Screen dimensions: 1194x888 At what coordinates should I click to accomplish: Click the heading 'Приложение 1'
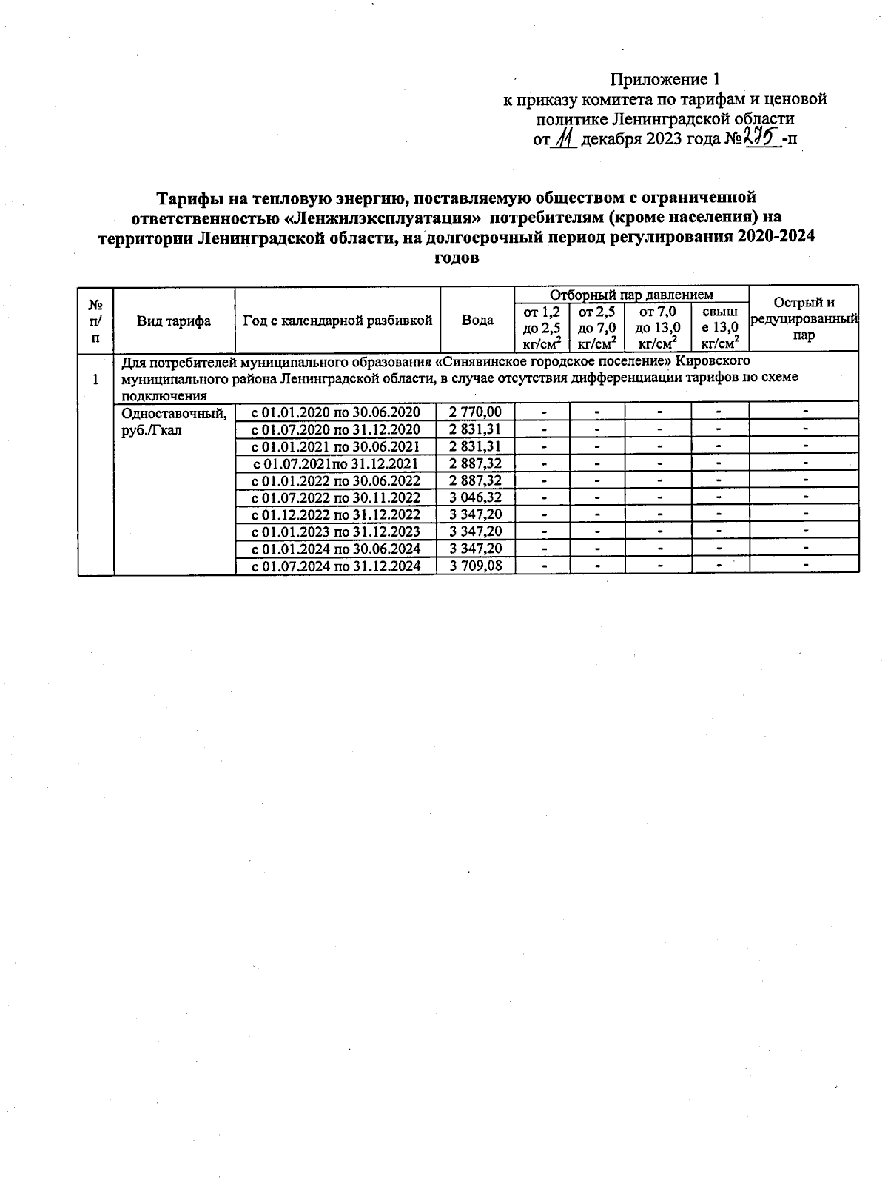click(x=664, y=79)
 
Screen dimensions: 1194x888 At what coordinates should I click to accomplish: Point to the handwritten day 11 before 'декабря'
click(x=565, y=138)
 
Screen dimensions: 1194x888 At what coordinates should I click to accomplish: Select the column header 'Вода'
click(x=477, y=321)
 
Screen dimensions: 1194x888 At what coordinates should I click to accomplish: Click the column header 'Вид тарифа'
click(x=174, y=321)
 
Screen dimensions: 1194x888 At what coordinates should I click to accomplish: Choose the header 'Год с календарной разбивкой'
click(x=337, y=321)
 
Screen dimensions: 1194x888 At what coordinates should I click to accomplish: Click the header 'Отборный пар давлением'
click(x=631, y=295)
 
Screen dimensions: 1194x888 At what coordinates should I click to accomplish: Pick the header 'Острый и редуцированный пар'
click(x=804, y=319)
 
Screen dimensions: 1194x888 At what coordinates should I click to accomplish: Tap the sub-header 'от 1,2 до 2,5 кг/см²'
click(x=542, y=327)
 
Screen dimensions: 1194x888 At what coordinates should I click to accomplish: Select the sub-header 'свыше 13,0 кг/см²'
click(x=720, y=327)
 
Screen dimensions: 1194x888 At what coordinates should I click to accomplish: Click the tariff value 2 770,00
click(x=475, y=412)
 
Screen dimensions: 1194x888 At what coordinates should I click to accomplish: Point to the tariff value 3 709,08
click(x=475, y=566)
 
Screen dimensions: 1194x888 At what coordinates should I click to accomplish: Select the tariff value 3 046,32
click(x=475, y=497)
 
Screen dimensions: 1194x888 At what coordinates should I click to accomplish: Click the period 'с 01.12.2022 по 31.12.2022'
click(x=336, y=514)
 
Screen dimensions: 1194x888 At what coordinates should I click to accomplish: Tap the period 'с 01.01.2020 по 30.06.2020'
click(x=336, y=412)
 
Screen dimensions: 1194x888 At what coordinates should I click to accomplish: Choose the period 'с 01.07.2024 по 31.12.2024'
click(x=336, y=566)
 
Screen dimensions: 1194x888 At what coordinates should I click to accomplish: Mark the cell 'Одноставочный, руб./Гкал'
click(x=173, y=421)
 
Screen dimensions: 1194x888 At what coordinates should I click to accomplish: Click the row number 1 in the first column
click(x=95, y=380)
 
